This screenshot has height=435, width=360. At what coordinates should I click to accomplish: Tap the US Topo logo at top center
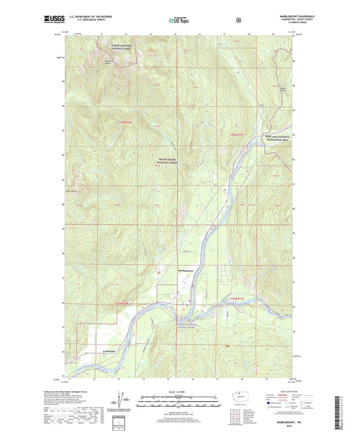click(179, 21)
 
